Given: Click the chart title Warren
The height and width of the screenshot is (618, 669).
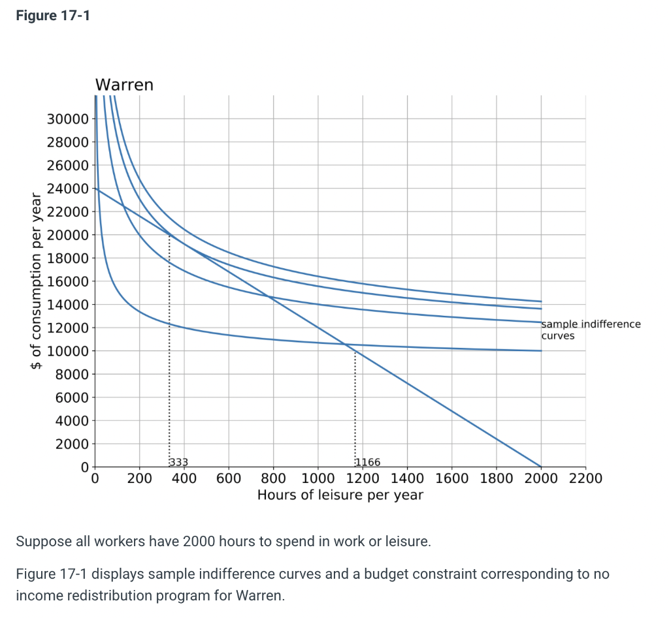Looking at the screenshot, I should [124, 85].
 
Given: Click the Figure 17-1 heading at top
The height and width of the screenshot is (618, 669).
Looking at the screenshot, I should [53, 16].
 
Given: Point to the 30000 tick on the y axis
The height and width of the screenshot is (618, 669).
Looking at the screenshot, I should [67, 119].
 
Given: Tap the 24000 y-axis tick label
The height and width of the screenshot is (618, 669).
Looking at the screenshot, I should [67, 189].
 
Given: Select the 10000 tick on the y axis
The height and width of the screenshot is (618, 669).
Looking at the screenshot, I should [67, 351].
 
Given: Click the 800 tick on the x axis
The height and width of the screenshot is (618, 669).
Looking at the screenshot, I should [273, 478].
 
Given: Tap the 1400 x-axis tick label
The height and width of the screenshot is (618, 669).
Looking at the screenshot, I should [406, 478].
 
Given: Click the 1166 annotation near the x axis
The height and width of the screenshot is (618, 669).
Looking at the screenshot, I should [367, 462].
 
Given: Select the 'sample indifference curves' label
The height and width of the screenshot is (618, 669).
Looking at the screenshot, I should [591, 330].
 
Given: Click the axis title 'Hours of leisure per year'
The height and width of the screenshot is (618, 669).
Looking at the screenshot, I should [340, 495].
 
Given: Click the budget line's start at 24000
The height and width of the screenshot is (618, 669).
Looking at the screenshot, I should [96, 189].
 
